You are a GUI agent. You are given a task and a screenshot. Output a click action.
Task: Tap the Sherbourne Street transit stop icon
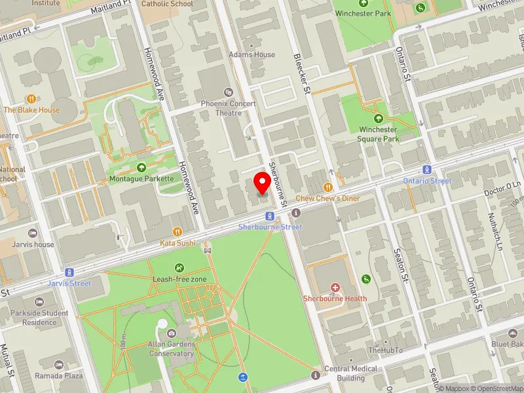point(269,216)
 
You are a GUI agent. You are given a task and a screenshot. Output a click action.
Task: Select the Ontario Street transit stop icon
point(427,170)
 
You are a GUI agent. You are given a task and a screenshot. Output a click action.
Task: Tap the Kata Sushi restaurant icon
point(178,232)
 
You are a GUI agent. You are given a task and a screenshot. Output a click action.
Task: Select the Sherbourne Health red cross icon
point(335,288)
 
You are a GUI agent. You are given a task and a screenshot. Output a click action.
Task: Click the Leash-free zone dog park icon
point(179,267)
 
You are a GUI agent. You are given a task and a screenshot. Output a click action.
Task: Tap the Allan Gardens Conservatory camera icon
point(172,333)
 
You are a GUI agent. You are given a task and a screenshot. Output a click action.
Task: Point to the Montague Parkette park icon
point(142,168)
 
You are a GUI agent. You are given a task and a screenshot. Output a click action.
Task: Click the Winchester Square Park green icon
point(379,119)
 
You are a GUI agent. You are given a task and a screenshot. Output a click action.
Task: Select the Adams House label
point(252,54)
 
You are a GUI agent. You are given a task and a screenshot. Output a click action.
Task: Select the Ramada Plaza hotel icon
point(60,364)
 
